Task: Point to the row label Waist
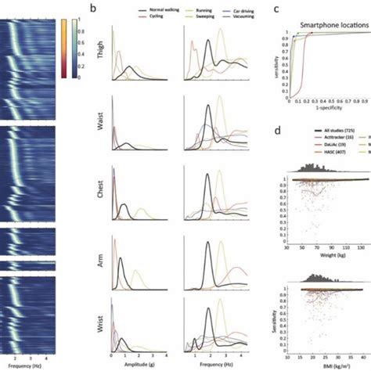[x=101, y=124]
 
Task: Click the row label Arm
[x=101, y=264]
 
